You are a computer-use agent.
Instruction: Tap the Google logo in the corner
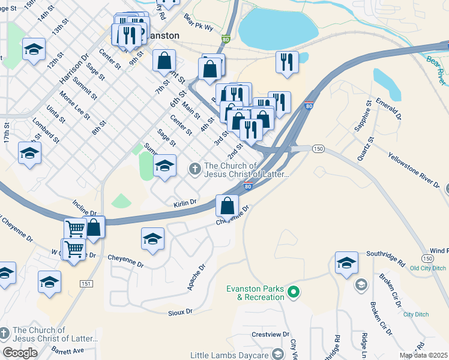[20, 353]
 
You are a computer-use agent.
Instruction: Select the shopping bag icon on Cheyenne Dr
[227, 206]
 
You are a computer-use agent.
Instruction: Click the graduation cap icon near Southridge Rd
[346, 263]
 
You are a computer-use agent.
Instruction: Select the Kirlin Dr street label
[185, 203]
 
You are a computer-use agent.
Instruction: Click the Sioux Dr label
[180, 311]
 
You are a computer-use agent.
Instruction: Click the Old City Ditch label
[428, 268]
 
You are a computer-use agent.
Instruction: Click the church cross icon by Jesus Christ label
[194, 170]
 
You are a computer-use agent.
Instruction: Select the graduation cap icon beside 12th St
[34, 50]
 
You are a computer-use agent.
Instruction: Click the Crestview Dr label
[271, 334]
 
